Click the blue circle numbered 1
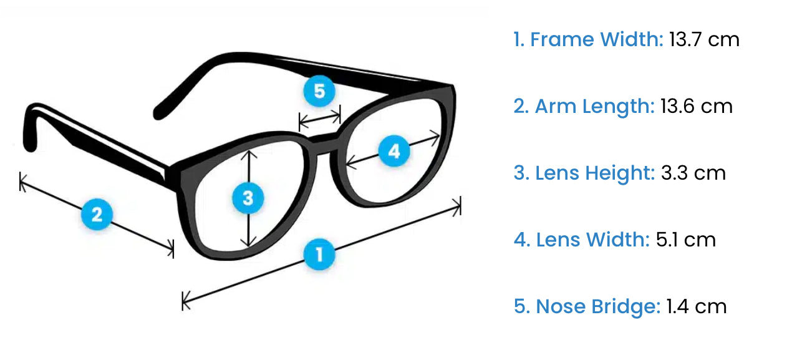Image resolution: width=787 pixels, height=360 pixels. point(319,255)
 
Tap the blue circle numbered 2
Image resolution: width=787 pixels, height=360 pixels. point(97,215)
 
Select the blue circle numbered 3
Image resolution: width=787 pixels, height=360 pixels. point(248,198)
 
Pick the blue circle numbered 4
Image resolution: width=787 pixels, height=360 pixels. point(393,152)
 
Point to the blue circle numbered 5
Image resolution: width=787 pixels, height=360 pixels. point(319,92)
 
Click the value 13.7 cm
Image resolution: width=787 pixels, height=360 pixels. point(704,40)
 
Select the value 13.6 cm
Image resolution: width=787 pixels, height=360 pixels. point(696,106)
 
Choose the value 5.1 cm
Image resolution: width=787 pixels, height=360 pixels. point(686,240)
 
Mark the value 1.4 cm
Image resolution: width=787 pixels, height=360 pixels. point(696,306)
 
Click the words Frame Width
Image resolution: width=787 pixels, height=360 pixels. point(596,40)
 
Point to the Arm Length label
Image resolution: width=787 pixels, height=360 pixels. point(594,106)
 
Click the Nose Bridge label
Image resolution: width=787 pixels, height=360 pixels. point(597,306)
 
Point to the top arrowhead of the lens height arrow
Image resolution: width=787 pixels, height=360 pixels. point(249,152)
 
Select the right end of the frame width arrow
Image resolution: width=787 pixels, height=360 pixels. point(459,205)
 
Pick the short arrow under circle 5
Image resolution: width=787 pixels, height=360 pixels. point(320,117)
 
